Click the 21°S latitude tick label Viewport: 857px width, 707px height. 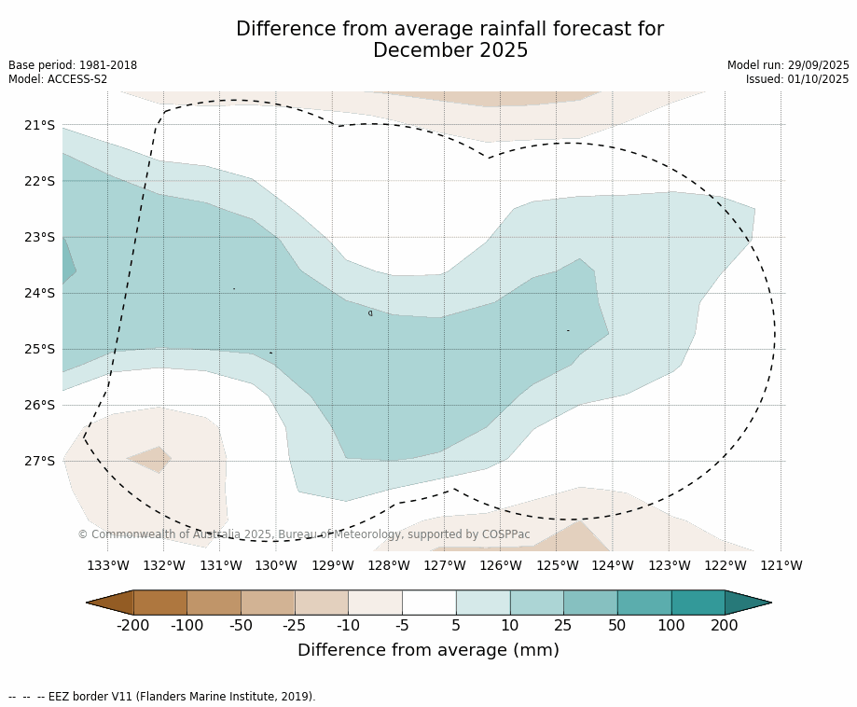pos(39,125)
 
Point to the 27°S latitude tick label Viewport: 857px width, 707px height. pos(39,461)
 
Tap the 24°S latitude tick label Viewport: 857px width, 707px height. pos(39,293)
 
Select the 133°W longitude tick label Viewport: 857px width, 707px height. pos(108,565)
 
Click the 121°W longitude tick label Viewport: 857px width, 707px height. pos(781,565)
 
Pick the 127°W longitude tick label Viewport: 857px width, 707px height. pos(445,565)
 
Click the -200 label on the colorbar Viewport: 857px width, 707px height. pos(133,625)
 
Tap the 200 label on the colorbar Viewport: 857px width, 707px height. pos(725,625)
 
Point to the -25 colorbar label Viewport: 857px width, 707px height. pos(295,625)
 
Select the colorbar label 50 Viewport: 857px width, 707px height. pos(617,625)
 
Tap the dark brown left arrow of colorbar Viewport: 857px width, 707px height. pos(110,603)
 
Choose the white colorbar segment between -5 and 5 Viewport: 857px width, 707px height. pos(429,603)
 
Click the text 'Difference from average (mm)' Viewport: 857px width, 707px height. pos(428,650)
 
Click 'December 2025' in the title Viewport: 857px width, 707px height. pos(450,50)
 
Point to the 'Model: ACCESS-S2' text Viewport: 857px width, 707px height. pos(58,79)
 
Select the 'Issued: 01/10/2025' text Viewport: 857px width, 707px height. pos(797,79)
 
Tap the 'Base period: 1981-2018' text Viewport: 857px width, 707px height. pos(73,65)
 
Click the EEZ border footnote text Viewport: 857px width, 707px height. pos(162,697)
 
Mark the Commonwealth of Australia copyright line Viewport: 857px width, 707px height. pos(304,534)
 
